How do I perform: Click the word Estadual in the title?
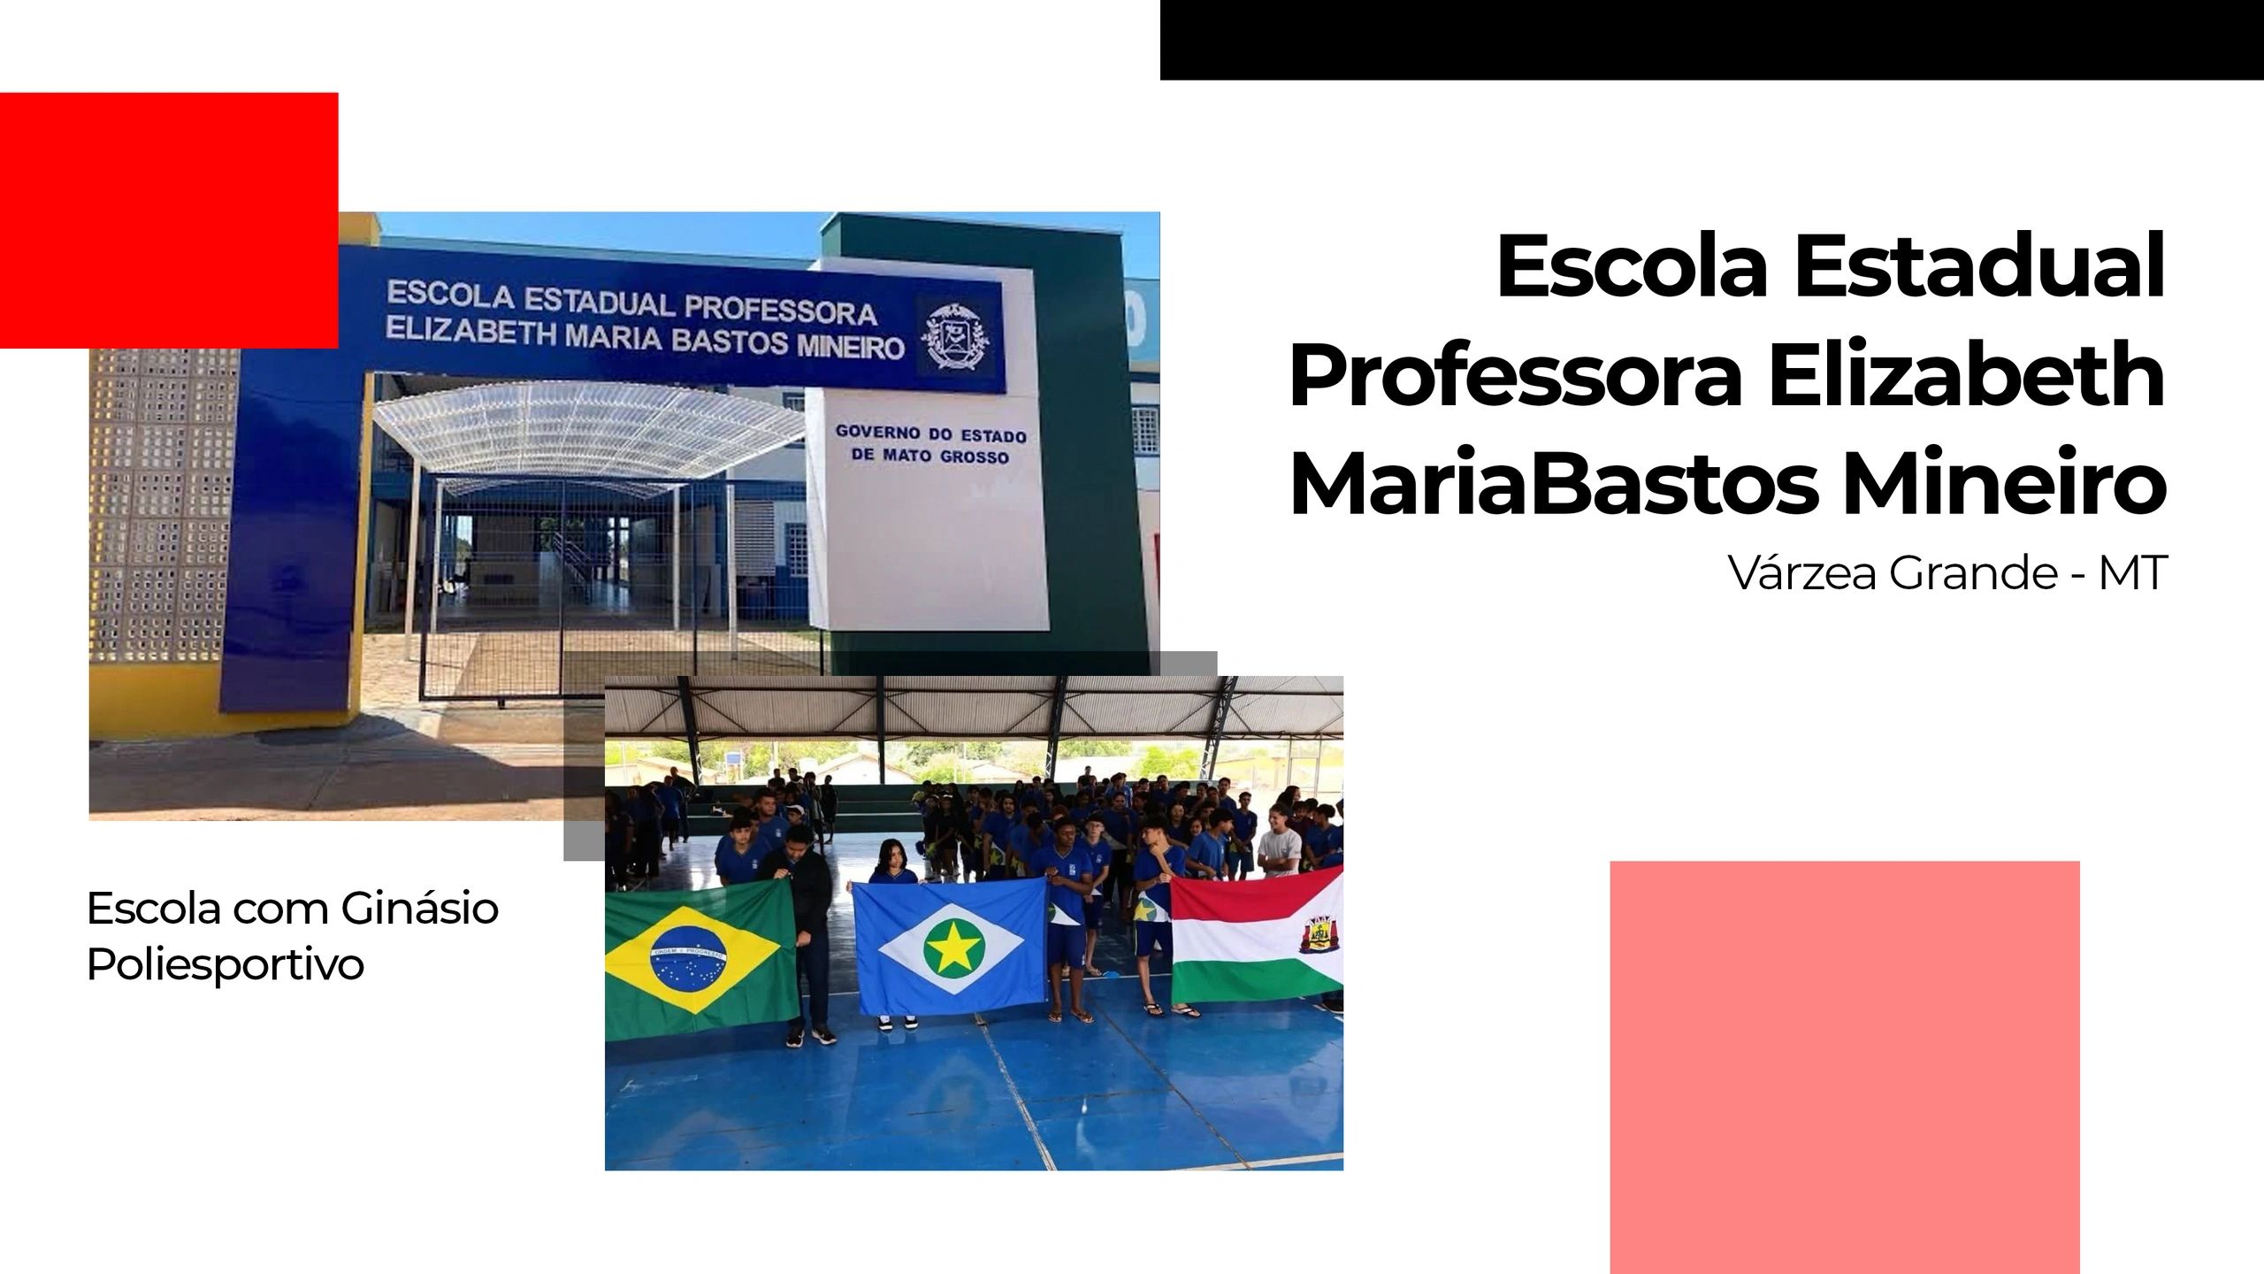pos(1980,266)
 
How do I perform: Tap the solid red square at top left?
pos(169,220)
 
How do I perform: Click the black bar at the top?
pos(1712,40)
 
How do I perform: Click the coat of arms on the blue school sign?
pos(954,337)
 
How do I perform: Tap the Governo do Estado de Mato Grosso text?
pos(930,446)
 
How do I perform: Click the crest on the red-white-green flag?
pos(1319,933)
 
